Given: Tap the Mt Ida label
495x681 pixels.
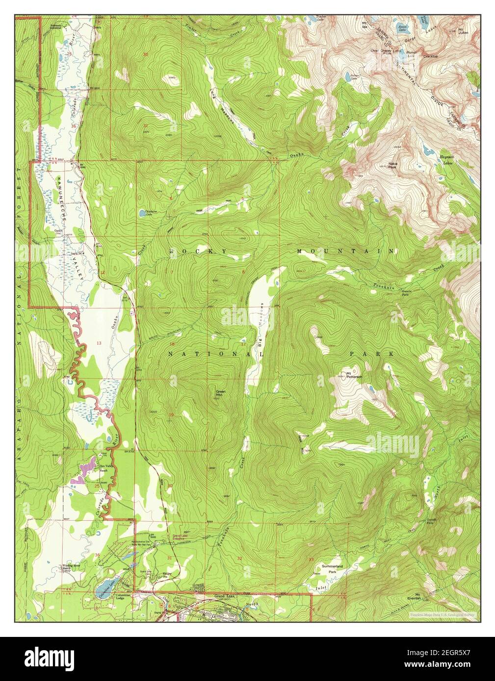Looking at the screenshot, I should (x=365, y=24).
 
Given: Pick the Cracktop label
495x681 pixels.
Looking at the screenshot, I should (x=430, y=56).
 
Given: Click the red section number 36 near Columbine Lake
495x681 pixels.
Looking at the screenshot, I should (x=97, y=555).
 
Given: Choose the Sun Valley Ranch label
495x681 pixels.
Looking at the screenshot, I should (x=104, y=468).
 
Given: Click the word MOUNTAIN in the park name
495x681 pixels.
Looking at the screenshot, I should (x=345, y=251).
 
